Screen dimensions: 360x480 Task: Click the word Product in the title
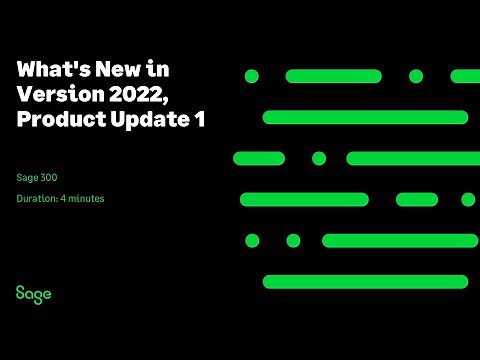55,119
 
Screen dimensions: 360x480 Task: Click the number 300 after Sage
49,177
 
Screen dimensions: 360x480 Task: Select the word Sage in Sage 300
26,177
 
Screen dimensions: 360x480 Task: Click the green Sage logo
33,293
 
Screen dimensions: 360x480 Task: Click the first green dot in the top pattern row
252,76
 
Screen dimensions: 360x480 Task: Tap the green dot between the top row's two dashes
416,76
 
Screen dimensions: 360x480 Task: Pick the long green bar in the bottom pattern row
365,281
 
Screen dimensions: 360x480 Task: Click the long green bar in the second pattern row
365,117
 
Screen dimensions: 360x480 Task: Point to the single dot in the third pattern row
319,158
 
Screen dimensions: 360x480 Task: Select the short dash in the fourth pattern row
417,199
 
